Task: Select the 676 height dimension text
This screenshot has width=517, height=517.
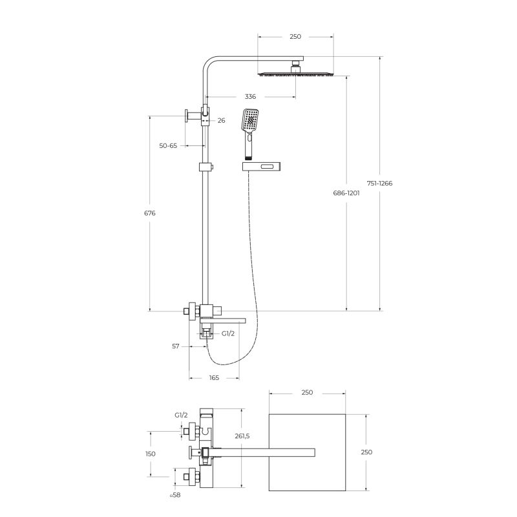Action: [150, 213]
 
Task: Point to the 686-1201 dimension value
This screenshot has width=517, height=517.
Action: [346, 193]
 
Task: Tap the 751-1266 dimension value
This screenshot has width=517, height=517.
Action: [379, 183]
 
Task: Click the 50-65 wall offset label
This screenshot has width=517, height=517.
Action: [168, 146]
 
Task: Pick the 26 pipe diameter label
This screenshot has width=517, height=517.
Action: [221, 120]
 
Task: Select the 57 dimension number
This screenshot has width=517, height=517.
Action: [176, 346]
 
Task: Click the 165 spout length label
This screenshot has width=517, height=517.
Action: [214, 377]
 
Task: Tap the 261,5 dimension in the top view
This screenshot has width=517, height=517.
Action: [242, 436]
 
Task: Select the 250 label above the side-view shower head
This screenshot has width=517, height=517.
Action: [295, 37]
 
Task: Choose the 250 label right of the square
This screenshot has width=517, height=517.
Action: [366, 452]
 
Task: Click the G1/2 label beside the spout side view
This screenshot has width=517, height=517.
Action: [228, 334]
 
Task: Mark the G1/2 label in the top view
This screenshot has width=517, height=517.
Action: [181, 416]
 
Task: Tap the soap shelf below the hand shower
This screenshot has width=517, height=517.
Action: [262, 167]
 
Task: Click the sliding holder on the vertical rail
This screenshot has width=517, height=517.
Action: [205, 168]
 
